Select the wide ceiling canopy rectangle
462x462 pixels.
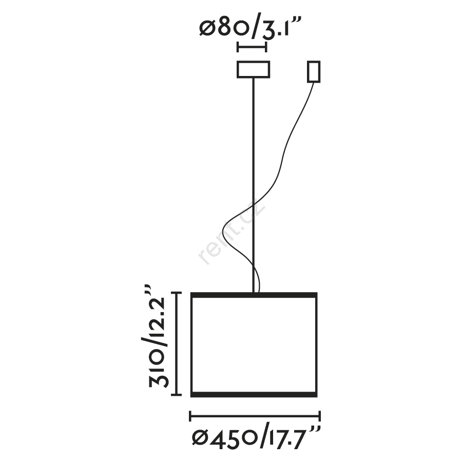(254, 69)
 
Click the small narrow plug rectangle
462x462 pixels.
(314, 71)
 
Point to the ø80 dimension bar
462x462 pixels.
(252, 47)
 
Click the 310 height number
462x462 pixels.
(159, 369)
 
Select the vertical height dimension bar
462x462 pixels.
(177, 343)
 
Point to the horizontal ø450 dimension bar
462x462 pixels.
(255, 417)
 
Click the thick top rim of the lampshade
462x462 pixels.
(254, 295)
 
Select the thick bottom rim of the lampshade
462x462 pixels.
(254, 395)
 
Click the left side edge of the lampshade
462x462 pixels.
(191, 345)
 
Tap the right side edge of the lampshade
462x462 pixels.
(316, 345)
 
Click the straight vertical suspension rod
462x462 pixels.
(254, 185)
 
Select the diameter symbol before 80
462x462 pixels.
(208, 28)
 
